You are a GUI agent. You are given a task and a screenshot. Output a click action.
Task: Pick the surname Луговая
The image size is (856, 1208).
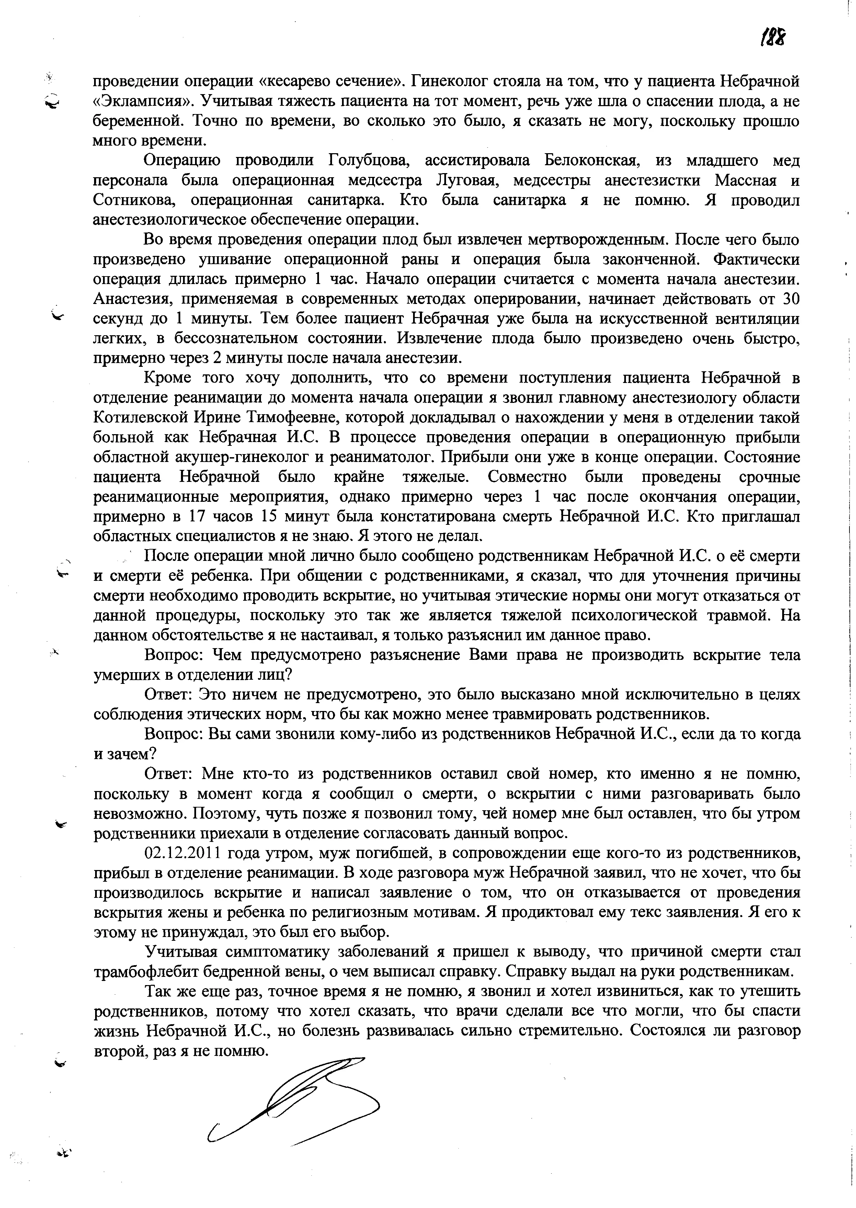(467, 180)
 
